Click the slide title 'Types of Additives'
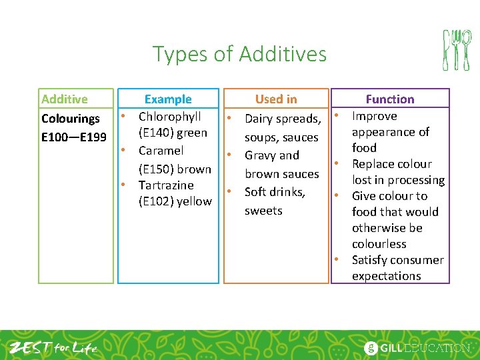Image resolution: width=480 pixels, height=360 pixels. coord(239,53)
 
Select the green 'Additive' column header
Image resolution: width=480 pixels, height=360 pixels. coord(64,99)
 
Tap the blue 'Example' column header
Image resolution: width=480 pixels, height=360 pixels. coord(168,99)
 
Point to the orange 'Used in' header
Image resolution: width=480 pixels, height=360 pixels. coord(276,99)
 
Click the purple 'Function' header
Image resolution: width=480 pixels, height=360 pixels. coord(390,99)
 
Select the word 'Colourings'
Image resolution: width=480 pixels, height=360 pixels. coord(71,119)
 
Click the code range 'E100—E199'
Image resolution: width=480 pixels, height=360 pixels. coord(73,137)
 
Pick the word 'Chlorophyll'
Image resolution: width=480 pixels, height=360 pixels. coord(169,117)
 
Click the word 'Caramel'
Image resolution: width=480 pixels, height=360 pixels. coord(161,151)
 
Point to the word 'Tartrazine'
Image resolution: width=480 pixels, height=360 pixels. coord(166,185)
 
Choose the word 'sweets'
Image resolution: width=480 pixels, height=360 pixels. coord(263,211)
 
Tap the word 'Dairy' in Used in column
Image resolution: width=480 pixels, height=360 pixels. coord(260,119)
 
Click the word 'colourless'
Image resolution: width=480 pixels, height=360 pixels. coord(379,244)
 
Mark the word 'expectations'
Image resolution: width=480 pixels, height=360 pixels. coord(387,276)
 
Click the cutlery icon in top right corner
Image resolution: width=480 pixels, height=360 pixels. coord(457,50)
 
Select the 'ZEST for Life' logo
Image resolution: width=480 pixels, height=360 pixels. coord(53,347)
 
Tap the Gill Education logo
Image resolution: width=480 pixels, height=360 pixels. coord(417,347)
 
